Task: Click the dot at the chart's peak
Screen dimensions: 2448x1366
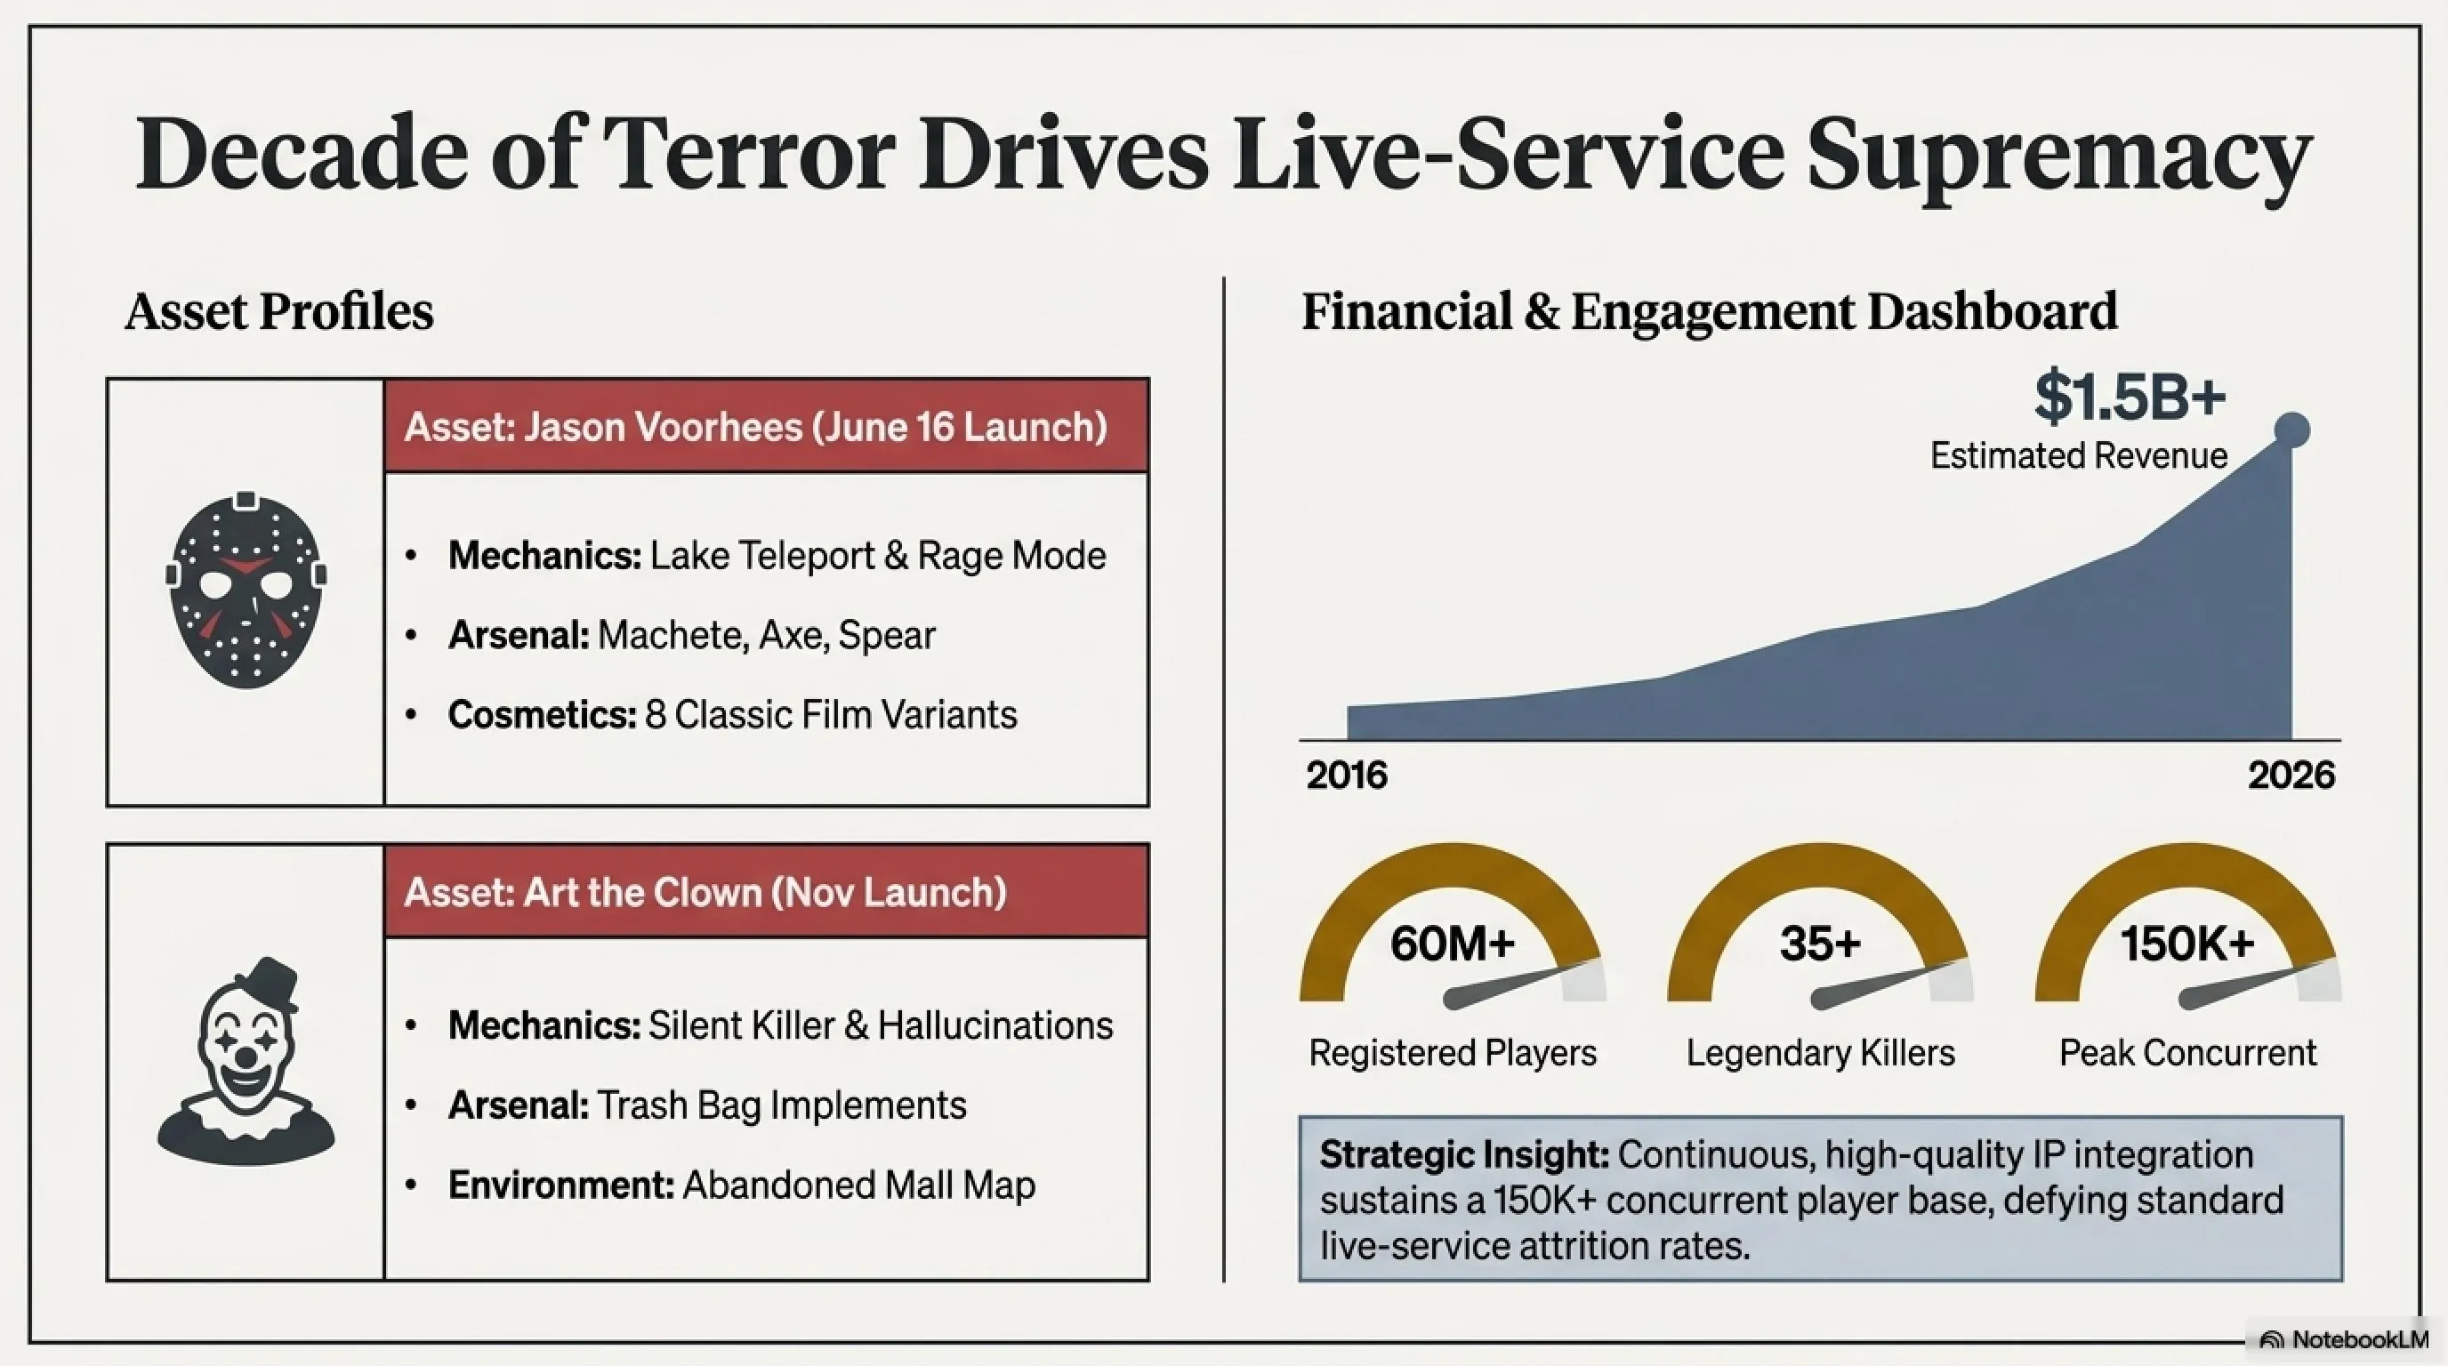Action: (2291, 430)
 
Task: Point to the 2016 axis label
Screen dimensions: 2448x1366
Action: (1347, 775)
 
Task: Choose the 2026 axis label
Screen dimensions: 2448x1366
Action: (2291, 775)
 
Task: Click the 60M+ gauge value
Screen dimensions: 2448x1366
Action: (1452, 944)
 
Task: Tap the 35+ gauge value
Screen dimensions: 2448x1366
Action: (1820, 944)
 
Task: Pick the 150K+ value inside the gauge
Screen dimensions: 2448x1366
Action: (2187, 944)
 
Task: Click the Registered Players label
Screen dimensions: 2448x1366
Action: (1452, 1054)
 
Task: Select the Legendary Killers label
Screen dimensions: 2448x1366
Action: (1821, 1054)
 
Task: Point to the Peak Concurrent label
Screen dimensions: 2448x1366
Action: (2187, 1054)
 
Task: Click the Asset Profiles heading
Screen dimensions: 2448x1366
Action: (278, 312)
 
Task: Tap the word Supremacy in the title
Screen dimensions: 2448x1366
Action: (2057, 157)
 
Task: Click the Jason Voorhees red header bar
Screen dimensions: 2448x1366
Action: (766, 426)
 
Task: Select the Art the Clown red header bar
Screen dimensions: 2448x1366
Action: (766, 891)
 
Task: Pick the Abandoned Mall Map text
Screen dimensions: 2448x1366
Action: (858, 1185)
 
